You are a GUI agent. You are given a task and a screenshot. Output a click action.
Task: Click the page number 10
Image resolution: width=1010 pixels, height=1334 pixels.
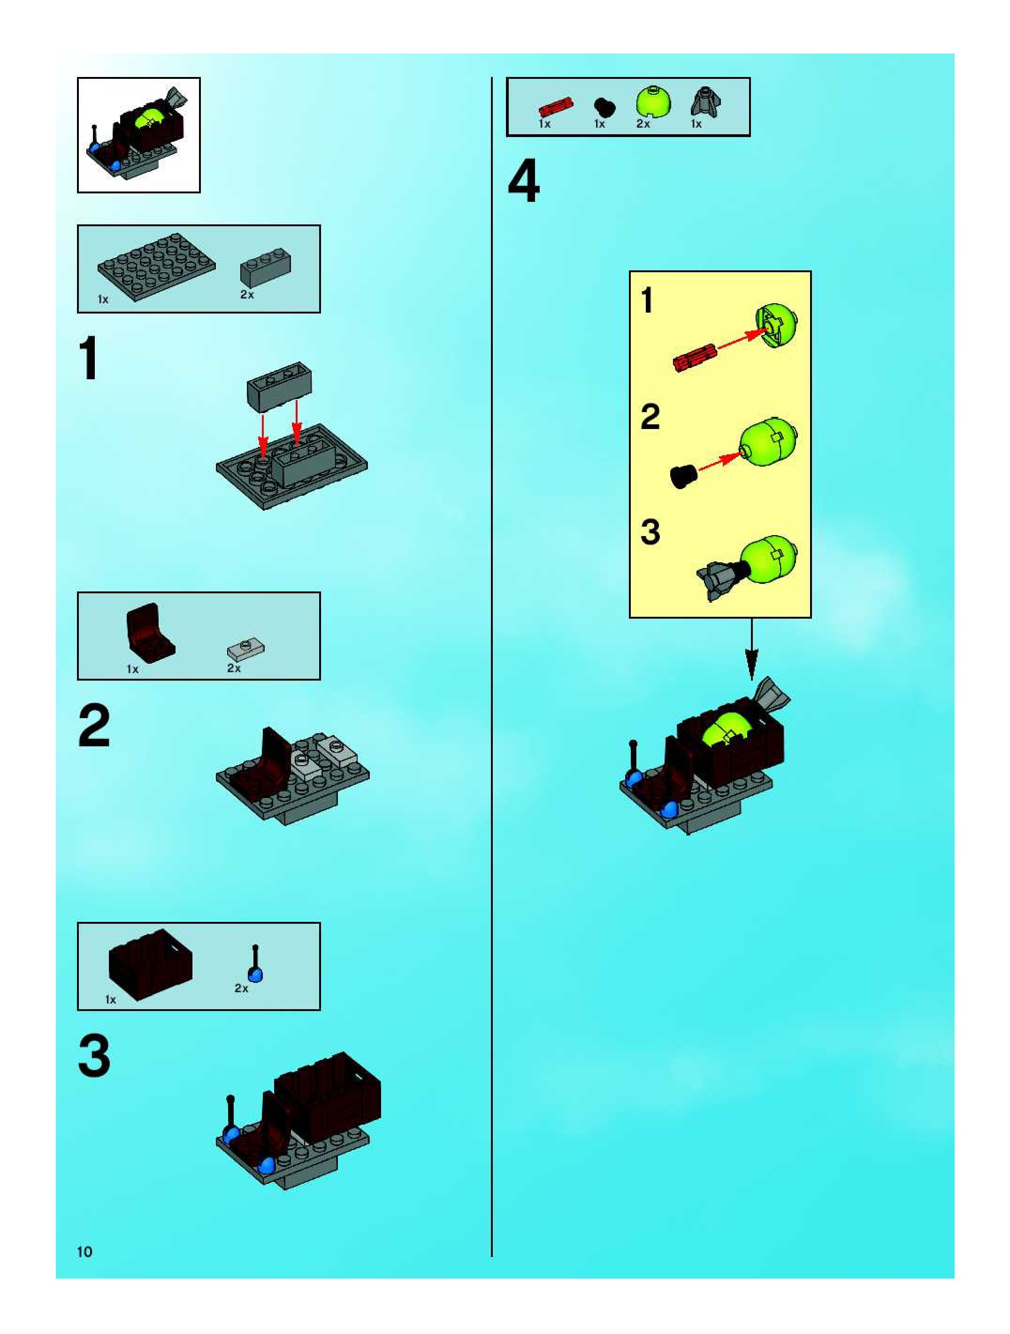(84, 1252)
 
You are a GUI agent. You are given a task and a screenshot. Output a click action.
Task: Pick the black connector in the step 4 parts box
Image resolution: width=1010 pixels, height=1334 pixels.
(604, 108)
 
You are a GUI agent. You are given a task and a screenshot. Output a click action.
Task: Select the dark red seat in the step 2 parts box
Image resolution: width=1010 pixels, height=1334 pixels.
(150, 633)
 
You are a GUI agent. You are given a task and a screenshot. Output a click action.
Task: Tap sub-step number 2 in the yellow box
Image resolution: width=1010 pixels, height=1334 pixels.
(650, 417)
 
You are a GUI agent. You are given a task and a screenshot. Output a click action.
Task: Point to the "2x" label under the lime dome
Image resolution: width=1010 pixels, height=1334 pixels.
(643, 123)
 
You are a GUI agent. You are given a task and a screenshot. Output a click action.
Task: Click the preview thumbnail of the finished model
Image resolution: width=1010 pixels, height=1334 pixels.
(138, 135)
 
